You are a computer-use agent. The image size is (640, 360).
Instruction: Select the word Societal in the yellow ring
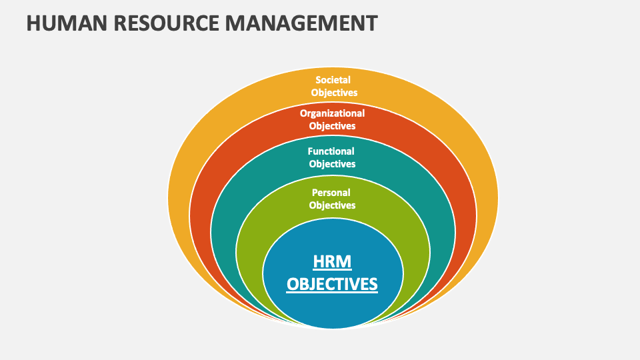coord(333,80)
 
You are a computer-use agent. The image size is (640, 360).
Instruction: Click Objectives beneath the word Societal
coord(334,93)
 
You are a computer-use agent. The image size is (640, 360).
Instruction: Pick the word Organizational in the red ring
coord(332,113)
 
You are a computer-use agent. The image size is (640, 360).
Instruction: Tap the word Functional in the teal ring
coord(331,151)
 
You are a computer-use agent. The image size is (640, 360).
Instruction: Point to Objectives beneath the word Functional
coord(332,164)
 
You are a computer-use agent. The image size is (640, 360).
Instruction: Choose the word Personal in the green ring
coord(332,193)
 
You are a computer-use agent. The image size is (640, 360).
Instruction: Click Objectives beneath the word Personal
coord(332,205)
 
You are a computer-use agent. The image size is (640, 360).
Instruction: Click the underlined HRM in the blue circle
coord(332,260)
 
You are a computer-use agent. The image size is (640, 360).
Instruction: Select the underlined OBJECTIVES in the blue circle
coord(332,284)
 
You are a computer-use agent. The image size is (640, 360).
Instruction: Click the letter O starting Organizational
coord(303,113)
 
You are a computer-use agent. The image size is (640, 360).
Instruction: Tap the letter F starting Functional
coord(310,151)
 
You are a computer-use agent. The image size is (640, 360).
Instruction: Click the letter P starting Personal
coord(315,193)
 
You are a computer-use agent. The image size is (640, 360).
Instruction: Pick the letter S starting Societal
coord(318,80)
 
